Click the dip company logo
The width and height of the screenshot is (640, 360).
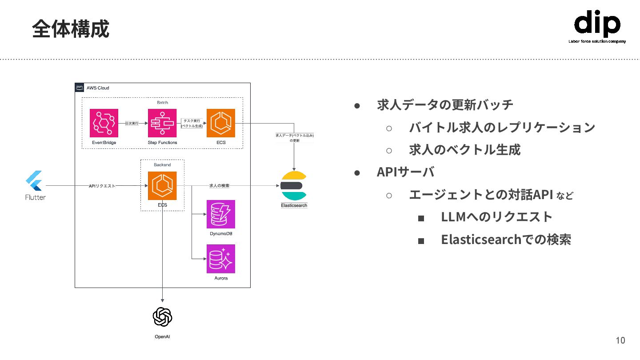pyautogui.click(x=597, y=26)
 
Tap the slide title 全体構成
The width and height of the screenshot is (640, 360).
pyautogui.click(x=70, y=29)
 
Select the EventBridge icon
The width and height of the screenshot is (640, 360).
pyautogui.click(x=104, y=123)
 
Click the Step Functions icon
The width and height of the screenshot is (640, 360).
pyautogui.click(x=162, y=123)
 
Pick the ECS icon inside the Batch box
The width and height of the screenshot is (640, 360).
pyautogui.click(x=220, y=123)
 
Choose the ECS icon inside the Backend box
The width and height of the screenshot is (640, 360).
pyautogui.click(x=162, y=186)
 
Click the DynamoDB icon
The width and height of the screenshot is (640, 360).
pyautogui.click(x=221, y=214)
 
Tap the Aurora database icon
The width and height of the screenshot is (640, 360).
pyautogui.click(x=221, y=259)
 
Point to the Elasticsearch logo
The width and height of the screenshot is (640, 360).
pyautogui.click(x=294, y=186)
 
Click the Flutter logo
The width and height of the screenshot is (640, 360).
pyautogui.click(x=34, y=181)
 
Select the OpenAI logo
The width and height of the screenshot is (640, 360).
pyautogui.click(x=162, y=317)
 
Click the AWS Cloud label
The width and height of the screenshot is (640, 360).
pyautogui.click(x=98, y=88)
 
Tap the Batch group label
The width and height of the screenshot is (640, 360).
pyautogui.click(x=163, y=103)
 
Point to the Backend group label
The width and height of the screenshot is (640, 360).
pyautogui.click(x=162, y=165)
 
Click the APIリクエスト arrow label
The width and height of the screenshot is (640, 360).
pyautogui.click(x=102, y=186)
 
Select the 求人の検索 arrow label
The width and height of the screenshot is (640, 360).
pyautogui.click(x=219, y=186)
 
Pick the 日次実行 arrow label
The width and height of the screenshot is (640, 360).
pyautogui.click(x=132, y=123)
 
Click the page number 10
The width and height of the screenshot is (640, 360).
pyautogui.click(x=620, y=340)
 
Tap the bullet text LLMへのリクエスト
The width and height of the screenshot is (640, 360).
pyautogui.click(x=496, y=217)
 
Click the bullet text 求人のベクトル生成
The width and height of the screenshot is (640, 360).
pyautogui.click(x=464, y=150)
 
